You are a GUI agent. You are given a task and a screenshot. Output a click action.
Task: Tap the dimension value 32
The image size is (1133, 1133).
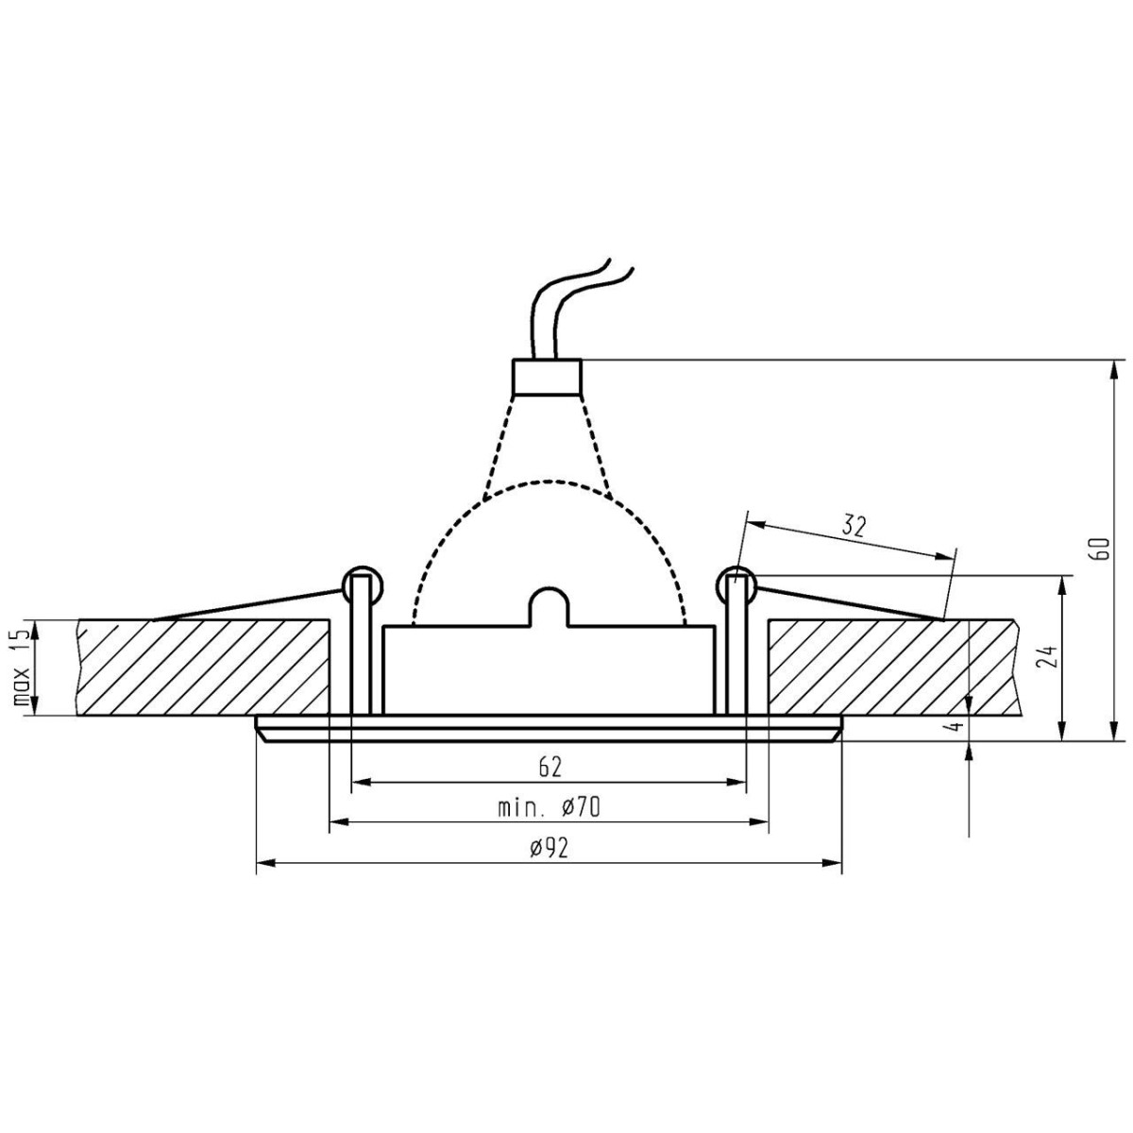(854, 527)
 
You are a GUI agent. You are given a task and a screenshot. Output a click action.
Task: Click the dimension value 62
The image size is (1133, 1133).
(550, 767)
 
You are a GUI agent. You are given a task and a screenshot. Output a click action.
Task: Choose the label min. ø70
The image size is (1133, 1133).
(550, 807)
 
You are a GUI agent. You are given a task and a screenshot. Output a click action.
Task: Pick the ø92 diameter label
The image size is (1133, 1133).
(549, 848)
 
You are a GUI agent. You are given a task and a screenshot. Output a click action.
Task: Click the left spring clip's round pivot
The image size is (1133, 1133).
(362, 585)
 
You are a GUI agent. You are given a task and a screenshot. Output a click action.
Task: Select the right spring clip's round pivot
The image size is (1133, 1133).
(736, 585)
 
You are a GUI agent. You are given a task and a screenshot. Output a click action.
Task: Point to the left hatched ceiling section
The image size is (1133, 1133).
(203, 668)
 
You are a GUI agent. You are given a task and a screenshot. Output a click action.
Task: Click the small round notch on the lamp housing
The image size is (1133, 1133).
(549, 605)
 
